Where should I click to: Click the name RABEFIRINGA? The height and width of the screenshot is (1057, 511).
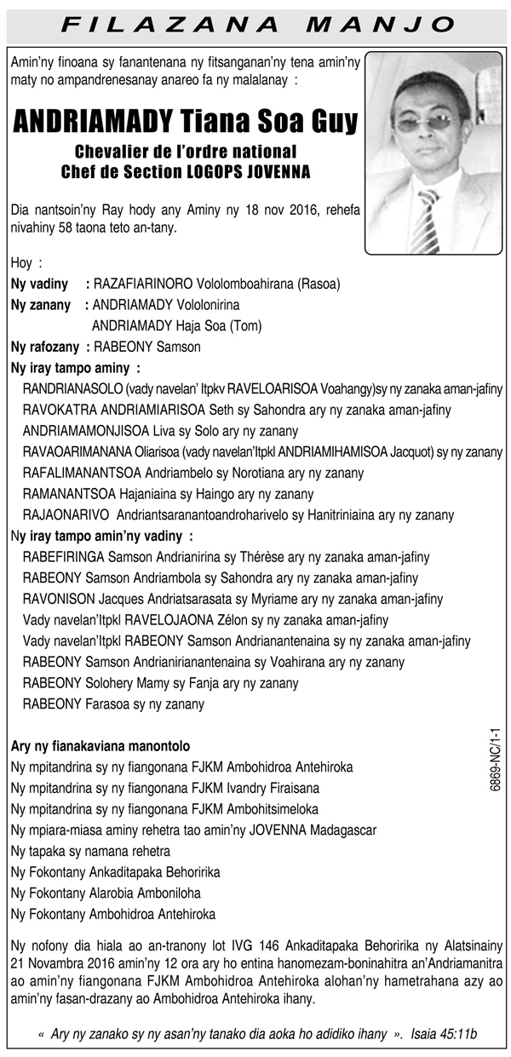pos(63,557)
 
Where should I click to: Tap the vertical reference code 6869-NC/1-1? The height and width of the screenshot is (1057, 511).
pos(496,760)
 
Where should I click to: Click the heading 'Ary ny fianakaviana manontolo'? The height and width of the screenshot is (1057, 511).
pos(100,745)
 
